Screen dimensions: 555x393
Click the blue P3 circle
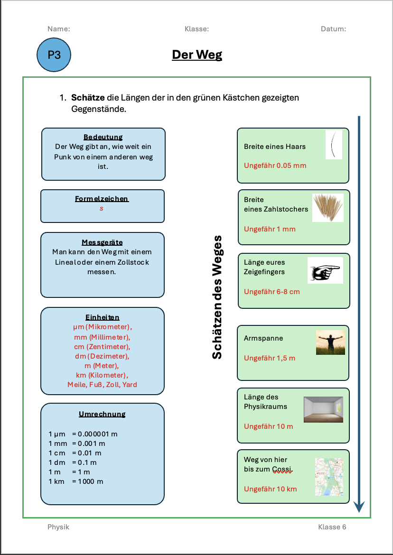54,55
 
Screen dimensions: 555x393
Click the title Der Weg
197,55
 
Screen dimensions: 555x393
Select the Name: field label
59,29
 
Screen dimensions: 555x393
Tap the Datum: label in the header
333,29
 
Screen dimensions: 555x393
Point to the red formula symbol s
102,208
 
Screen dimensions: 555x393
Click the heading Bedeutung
103,137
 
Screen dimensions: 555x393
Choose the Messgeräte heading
102,242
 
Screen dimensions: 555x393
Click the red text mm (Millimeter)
102,337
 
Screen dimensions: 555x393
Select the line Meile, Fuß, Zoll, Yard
102,385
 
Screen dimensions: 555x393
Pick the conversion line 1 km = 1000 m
76,481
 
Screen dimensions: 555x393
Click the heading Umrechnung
102,414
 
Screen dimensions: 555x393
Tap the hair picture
334,145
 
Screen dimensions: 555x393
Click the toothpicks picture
327,207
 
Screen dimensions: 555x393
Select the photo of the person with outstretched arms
330,342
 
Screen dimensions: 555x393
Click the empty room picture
323,409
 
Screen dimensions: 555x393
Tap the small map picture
328,477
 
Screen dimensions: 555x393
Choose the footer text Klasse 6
332,527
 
